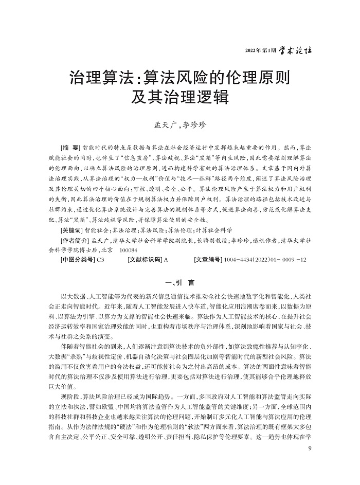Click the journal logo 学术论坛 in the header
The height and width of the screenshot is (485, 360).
294,51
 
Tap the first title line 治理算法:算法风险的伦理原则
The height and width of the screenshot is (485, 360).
179,78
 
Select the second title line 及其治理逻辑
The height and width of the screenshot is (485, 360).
179,98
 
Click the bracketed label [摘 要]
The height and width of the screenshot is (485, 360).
70,147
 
